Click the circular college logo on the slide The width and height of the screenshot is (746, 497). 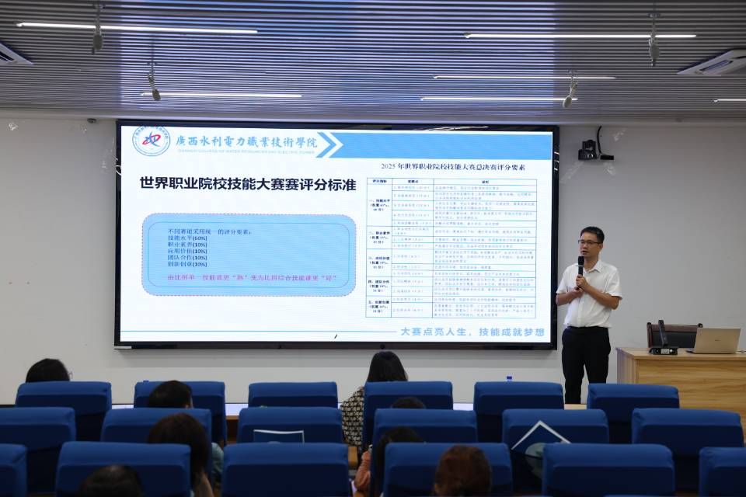[151, 141]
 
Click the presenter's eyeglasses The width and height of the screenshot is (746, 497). [589, 242]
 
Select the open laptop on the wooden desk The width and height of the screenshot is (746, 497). [715, 340]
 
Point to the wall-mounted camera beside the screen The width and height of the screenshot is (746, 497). [588, 150]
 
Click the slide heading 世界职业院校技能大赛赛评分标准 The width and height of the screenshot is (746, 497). [247, 184]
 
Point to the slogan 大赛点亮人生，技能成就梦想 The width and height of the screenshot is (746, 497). [472, 332]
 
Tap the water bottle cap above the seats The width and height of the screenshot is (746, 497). [509, 378]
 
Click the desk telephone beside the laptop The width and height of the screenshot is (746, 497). [663, 342]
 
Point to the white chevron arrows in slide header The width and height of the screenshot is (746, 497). [327, 144]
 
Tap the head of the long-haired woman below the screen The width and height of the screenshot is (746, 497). [386, 367]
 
